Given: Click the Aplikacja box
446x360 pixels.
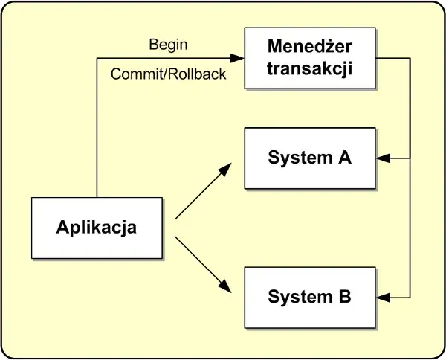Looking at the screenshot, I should tap(97, 228).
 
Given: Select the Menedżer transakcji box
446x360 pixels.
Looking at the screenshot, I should tap(310, 58).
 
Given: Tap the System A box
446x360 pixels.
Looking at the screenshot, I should tap(310, 158).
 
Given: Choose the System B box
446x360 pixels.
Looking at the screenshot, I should tap(310, 298).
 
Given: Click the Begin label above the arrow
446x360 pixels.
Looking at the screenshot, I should tap(168, 45).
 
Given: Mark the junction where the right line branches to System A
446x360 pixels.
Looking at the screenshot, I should tap(410, 158).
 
